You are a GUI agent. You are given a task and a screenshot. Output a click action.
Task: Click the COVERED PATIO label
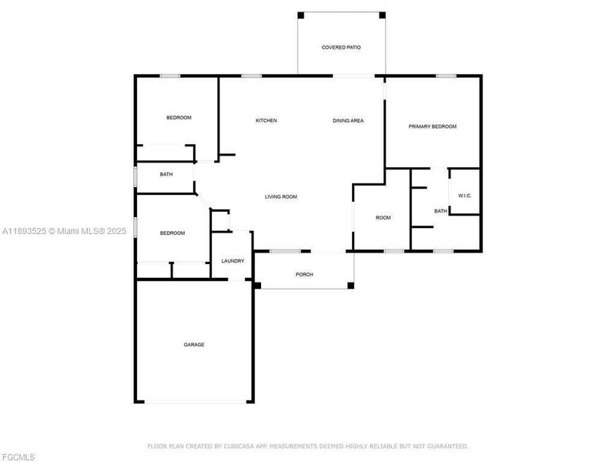pos(341,48)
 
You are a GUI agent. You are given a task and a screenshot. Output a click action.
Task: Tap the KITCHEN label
pos(266,121)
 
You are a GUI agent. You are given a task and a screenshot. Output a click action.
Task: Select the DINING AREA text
pos(348,121)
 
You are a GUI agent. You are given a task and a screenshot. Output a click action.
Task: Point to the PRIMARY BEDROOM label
pos(433,127)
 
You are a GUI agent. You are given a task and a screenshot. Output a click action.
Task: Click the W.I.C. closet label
pos(464,196)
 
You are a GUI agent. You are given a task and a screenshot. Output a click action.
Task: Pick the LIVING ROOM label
pos(281,197)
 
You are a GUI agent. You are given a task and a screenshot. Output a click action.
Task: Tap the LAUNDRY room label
pos(233,261)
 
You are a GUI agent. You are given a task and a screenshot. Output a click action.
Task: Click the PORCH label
pos(304,275)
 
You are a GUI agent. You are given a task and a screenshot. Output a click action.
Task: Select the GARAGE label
pos(194,345)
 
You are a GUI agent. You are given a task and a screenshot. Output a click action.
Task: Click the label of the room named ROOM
pos(383,218)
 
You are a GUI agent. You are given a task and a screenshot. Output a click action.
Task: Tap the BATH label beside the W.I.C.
pos(440,211)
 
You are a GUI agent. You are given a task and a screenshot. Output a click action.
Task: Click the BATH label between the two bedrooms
pos(166,175)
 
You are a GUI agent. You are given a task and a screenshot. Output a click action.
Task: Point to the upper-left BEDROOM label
pos(179,118)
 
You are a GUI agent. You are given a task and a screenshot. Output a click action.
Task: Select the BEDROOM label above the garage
pos(172,233)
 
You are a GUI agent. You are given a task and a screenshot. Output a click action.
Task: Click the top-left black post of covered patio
pos(301,15)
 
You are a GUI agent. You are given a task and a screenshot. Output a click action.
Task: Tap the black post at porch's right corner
pos(350,286)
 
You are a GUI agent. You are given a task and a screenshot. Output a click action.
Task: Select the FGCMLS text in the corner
pos(18,457)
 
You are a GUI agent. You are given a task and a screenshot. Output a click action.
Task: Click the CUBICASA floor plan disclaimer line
pos(308,446)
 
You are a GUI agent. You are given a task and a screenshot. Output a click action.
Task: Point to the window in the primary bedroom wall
pos(446,75)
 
